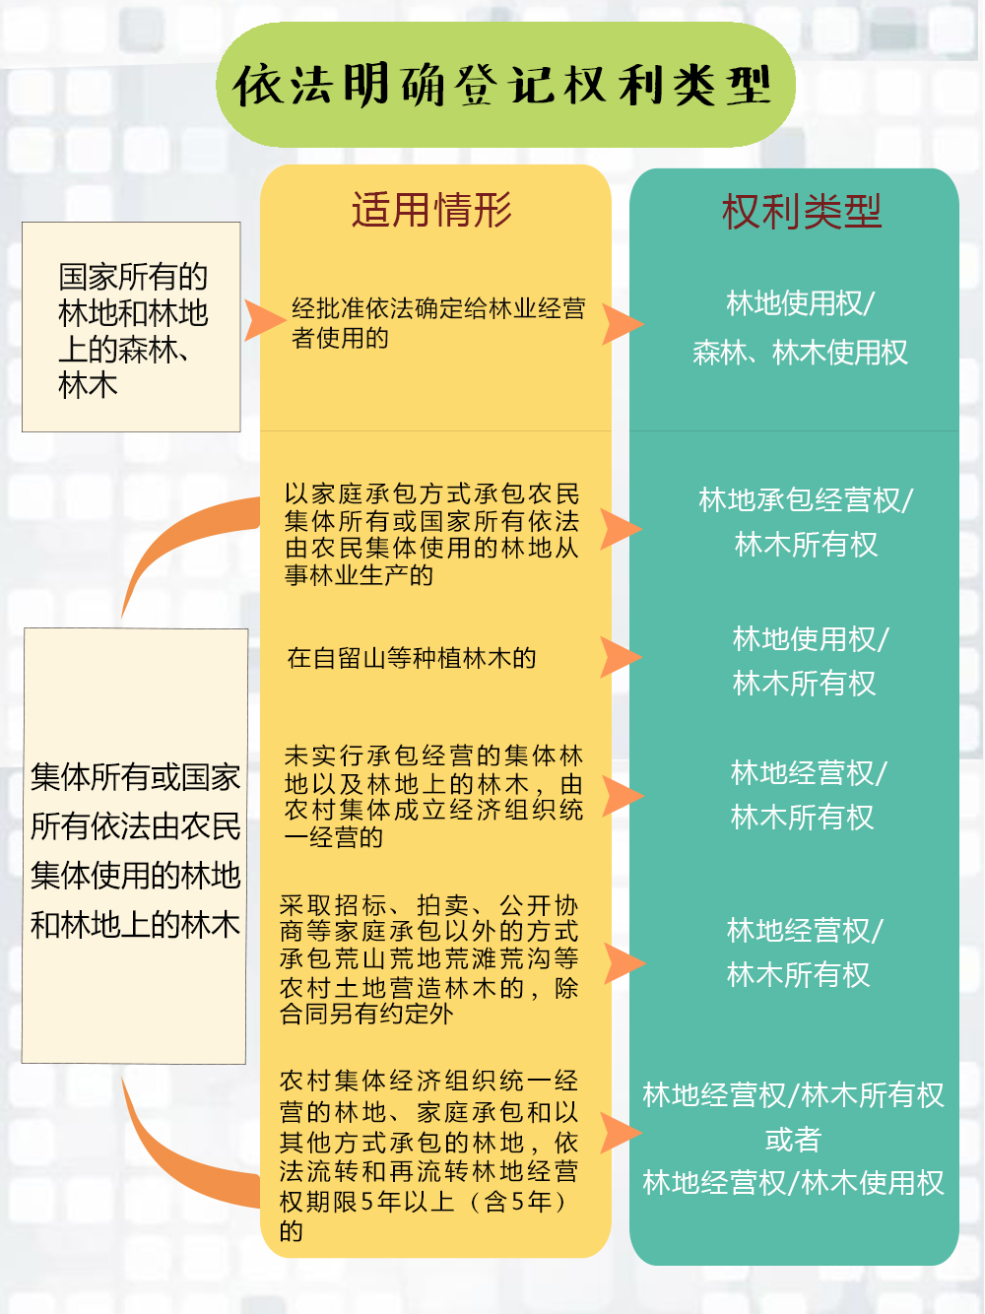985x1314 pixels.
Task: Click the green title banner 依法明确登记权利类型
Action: pos(505,85)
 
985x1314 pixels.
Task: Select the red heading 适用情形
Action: pos(431,210)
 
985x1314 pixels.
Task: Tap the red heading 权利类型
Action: pos(801,212)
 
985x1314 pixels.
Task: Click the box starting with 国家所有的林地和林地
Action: pos(131,327)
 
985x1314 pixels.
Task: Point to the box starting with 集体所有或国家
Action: pos(135,846)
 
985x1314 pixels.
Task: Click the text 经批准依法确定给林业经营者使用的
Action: pos(438,323)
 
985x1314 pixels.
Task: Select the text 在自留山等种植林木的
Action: pos(411,658)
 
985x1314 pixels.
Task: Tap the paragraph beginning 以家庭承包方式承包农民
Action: pos(431,534)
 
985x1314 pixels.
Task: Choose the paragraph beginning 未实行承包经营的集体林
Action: pos(433,796)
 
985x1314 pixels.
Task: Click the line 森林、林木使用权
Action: pos(800,352)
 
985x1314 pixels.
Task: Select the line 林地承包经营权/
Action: pos(806,499)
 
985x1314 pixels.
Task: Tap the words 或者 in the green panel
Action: pos(793,1140)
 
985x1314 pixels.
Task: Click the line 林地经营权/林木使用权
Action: pos(793,1184)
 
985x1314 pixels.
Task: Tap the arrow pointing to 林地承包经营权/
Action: pos(620,529)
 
